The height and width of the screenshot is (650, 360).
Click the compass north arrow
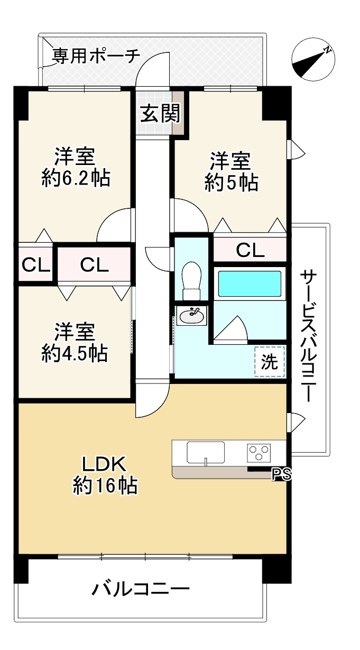(x=312, y=60)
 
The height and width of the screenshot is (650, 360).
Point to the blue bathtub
(x=249, y=284)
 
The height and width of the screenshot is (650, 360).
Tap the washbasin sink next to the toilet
(x=191, y=316)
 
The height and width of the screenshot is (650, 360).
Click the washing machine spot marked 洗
(x=270, y=362)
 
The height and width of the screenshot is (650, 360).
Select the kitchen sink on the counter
(x=206, y=452)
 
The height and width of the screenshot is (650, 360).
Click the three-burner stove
(x=259, y=452)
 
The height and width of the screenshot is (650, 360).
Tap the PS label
(x=281, y=475)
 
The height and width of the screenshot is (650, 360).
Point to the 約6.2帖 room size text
(x=76, y=178)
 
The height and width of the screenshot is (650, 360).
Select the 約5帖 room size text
(x=231, y=182)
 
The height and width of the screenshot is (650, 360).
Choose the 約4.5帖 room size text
(x=75, y=353)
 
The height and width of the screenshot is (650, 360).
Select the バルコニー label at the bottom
(x=141, y=589)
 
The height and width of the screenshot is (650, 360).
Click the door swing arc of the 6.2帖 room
(x=114, y=225)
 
